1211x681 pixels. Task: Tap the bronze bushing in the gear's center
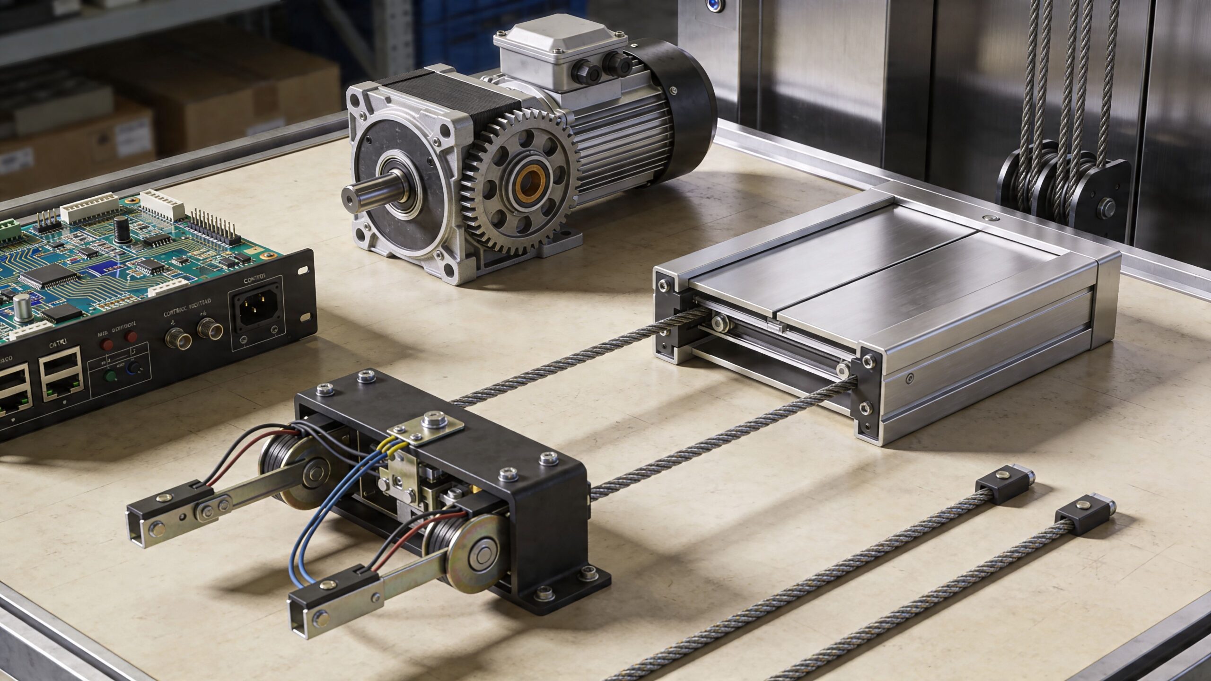coord(530,182)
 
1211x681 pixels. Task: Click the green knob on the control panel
coord(111,376)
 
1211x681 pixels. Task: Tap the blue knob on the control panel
coord(137,368)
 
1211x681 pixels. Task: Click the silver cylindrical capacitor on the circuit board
coord(21,307)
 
